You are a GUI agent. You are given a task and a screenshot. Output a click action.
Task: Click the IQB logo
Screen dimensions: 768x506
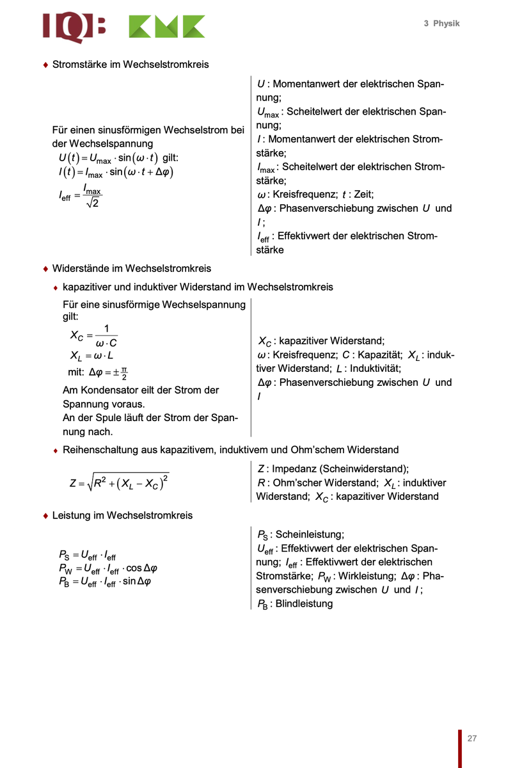(x=74, y=27)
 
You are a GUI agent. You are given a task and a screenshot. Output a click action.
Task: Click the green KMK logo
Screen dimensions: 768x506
(x=167, y=27)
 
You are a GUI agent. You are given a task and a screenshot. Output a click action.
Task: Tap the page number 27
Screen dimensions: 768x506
(x=472, y=738)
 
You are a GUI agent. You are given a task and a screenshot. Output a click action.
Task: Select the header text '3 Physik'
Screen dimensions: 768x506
(x=441, y=24)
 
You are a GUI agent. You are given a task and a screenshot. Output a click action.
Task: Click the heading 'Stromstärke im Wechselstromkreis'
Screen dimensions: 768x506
(x=130, y=65)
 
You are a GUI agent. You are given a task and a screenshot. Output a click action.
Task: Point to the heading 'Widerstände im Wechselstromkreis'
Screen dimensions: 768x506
(x=132, y=268)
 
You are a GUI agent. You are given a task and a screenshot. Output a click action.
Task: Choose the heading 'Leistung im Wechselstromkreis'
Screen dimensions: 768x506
(x=122, y=515)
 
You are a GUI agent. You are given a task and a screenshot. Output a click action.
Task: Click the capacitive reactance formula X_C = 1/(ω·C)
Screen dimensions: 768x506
(x=93, y=336)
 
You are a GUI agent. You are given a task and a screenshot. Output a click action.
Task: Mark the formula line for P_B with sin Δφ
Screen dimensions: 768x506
(x=104, y=581)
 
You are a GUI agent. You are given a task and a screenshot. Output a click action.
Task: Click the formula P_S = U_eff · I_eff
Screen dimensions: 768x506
(x=87, y=556)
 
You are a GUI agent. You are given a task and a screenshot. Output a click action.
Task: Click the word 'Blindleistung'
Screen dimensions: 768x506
(x=304, y=604)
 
